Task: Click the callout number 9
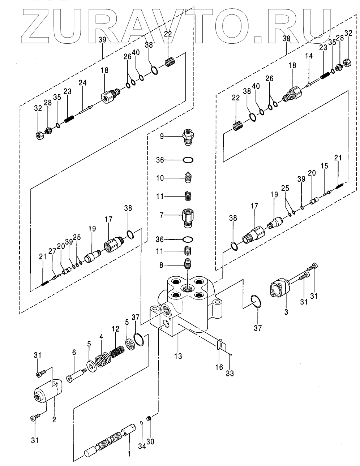click(x=162, y=136)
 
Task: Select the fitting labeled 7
click(x=189, y=217)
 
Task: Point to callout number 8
click(x=162, y=265)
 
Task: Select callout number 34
click(x=142, y=447)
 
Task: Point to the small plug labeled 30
click(x=149, y=419)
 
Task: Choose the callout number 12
click(x=115, y=329)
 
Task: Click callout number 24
click(x=83, y=83)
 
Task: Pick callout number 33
click(x=230, y=374)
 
